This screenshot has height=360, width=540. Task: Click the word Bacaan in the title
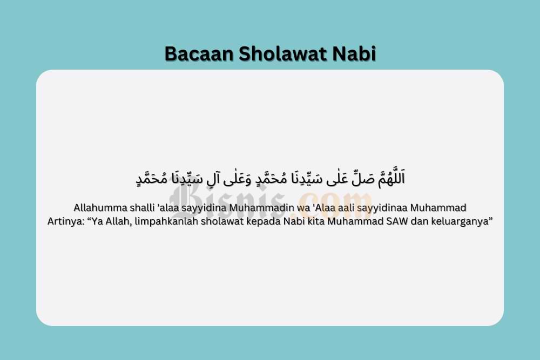click(x=199, y=53)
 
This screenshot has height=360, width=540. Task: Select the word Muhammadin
click(x=262, y=208)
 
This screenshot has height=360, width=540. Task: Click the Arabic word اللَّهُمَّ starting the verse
click(x=391, y=178)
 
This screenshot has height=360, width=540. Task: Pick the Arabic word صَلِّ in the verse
click(x=363, y=179)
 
